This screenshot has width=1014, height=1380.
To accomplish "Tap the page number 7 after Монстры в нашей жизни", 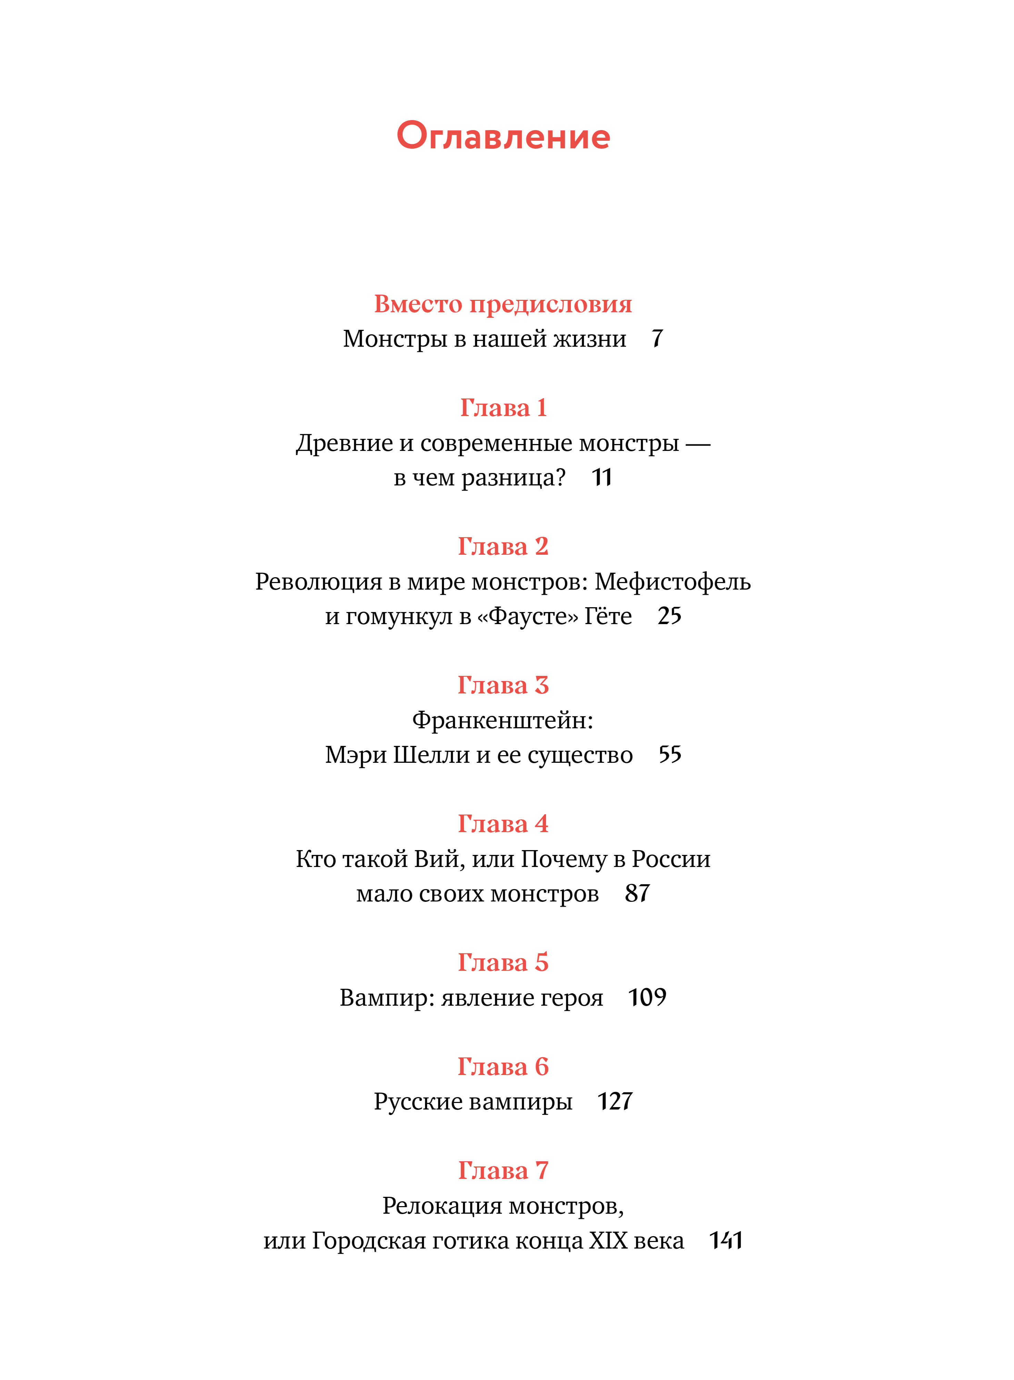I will click(x=657, y=338).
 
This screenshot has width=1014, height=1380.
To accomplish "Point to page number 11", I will click(x=602, y=477).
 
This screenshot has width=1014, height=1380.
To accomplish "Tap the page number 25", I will click(x=669, y=616).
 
